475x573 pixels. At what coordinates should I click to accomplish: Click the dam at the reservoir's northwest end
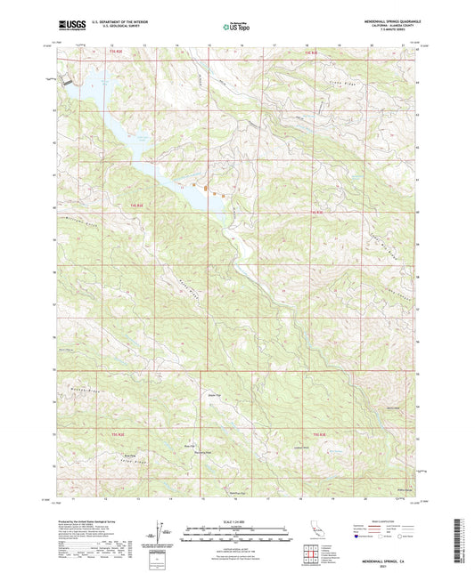point(65,83)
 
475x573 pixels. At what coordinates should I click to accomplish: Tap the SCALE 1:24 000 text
point(236,522)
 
